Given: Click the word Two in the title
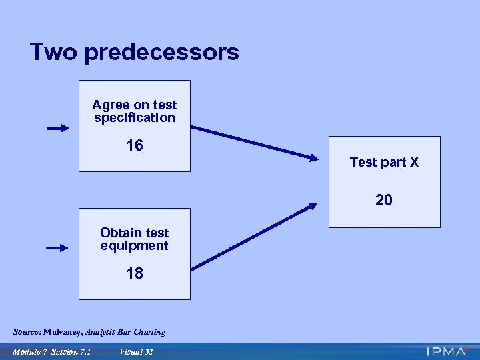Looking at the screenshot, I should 53,52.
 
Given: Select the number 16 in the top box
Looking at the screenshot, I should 135,145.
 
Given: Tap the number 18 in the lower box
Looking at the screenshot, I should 135,273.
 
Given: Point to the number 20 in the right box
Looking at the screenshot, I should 384,200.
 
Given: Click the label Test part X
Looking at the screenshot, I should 384,162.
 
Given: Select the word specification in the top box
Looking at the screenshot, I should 135,118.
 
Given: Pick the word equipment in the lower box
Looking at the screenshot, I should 135,246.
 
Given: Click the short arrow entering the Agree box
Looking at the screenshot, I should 58,128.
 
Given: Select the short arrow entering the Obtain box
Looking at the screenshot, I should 57,248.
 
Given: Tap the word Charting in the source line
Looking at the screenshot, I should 149,332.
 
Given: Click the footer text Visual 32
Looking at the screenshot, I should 137,351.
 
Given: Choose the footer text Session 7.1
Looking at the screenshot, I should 75,351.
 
